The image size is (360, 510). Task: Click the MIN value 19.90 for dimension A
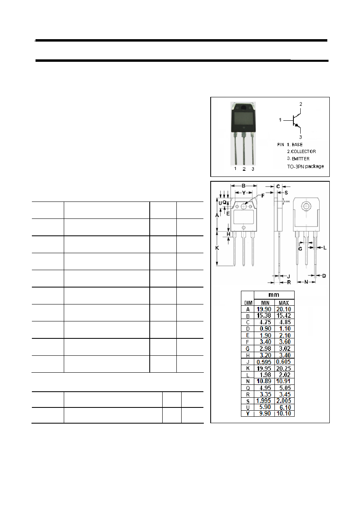point(264,309)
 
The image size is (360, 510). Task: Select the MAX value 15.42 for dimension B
point(284,315)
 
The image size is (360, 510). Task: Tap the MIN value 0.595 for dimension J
point(264,362)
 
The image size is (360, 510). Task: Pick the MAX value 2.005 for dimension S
point(284,401)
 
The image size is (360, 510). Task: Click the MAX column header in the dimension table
point(284,303)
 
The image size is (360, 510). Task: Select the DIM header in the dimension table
point(248,303)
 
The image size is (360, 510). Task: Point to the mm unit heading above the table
point(274,295)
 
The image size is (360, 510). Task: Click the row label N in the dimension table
point(248,381)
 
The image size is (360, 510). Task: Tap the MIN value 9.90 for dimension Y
point(265,413)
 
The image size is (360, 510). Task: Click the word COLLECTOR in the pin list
point(303,151)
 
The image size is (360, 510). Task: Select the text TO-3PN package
point(306,166)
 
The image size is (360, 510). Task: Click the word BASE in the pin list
point(297,145)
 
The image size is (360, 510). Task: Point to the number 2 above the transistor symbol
point(301,104)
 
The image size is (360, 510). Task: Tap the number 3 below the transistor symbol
point(300,137)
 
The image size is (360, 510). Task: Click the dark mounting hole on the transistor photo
point(243,108)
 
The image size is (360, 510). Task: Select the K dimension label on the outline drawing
point(217,248)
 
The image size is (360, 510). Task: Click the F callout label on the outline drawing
point(263,195)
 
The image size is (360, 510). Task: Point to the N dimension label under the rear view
point(306,282)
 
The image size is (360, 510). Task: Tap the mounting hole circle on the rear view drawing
point(306,206)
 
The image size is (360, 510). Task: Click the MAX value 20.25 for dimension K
point(284,368)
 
